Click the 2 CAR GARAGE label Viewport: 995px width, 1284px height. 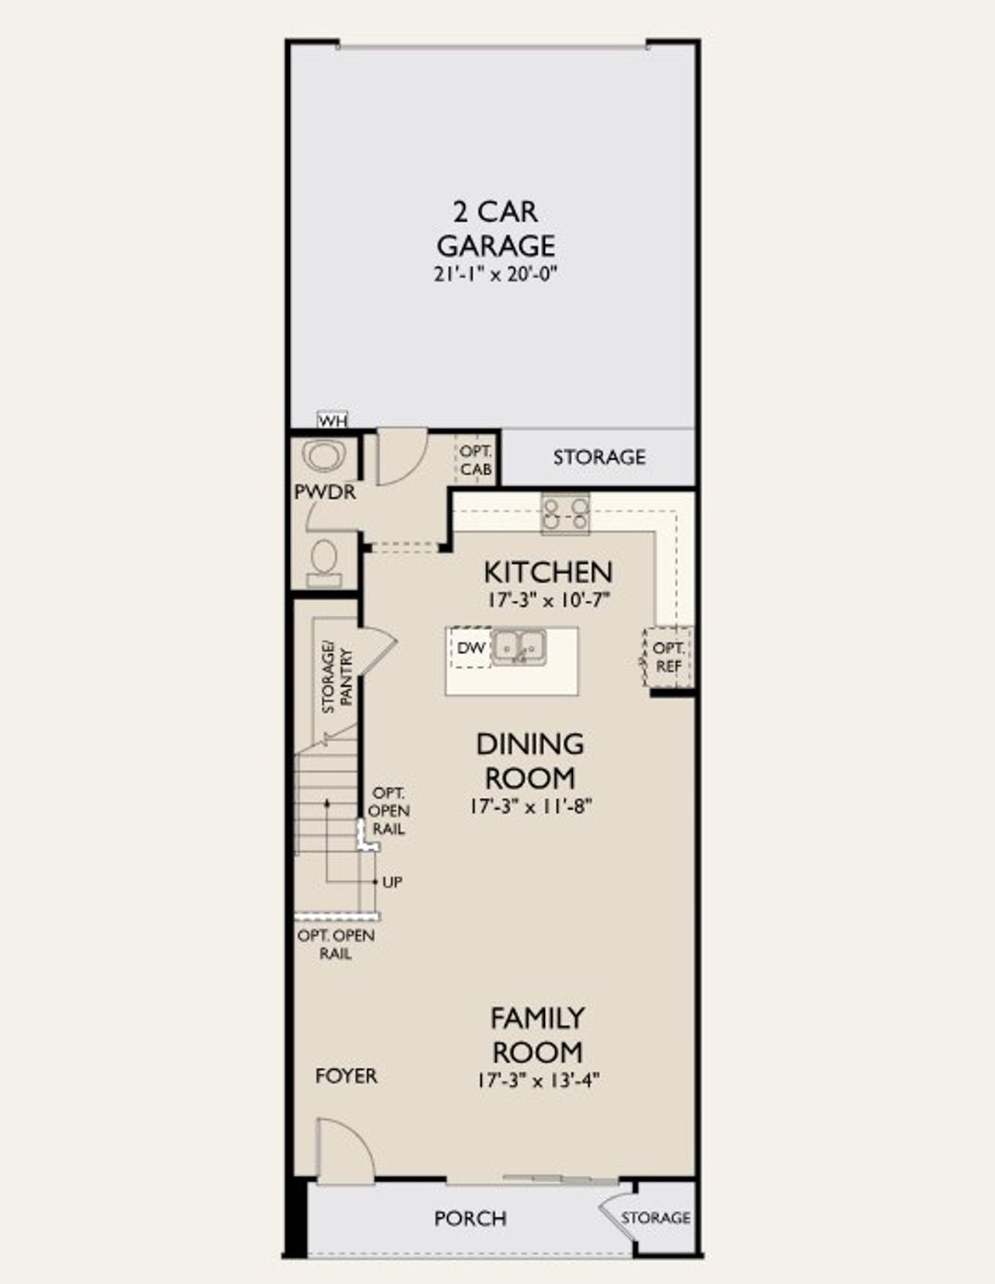point(495,228)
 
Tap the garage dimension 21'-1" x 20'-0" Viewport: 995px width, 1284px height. point(497,275)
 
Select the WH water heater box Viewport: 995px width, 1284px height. point(333,421)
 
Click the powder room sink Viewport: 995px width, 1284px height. point(324,457)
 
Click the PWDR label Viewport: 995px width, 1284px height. point(325,492)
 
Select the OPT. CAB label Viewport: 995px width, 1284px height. point(475,460)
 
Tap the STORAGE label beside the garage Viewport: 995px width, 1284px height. point(599,457)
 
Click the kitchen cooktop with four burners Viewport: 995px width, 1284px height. point(565,514)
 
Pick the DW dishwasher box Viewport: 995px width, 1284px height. point(471,648)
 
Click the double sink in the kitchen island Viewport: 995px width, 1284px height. point(519,646)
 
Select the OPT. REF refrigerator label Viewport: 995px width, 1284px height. point(668,657)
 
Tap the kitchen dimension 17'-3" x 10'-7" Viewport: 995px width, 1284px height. point(548,600)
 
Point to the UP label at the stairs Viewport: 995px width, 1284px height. point(392,882)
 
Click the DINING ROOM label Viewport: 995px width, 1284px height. point(530,761)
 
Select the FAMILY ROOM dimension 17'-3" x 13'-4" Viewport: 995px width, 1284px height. point(537,1080)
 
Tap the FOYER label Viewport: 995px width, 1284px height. point(346,1076)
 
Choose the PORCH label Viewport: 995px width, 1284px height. point(470,1218)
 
